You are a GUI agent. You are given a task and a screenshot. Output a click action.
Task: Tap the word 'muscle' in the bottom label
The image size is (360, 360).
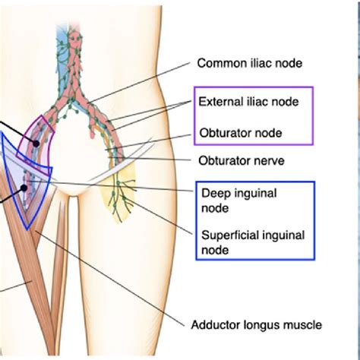(x=304, y=324)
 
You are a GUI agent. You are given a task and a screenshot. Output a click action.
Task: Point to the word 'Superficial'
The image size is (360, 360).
(x=227, y=235)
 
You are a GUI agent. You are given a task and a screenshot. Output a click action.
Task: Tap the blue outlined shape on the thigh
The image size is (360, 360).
(x=23, y=190)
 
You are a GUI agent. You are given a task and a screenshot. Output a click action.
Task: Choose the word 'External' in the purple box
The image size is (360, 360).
(x=219, y=100)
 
